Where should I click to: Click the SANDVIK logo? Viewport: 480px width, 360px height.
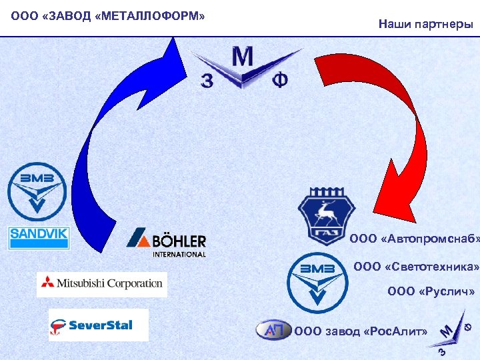point(39,237)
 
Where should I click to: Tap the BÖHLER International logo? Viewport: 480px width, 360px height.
point(167,243)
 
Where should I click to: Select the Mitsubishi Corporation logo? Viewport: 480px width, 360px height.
point(102,284)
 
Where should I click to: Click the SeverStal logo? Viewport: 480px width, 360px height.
point(98,325)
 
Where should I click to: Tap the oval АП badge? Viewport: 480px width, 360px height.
point(274,330)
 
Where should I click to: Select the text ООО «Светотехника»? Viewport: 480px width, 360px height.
point(416,267)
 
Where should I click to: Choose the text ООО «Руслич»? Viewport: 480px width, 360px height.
point(431,292)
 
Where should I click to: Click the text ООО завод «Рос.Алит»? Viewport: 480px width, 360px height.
point(361,331)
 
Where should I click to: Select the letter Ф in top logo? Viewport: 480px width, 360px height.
point(281,81)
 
